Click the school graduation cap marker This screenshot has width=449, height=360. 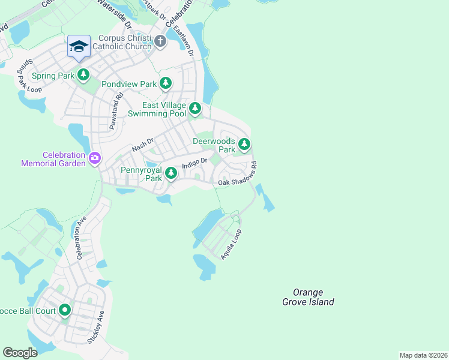click(x=79, y=46)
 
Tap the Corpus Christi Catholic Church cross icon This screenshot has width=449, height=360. click(x=160, y=41)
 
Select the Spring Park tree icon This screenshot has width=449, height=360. click(x=83, y=75)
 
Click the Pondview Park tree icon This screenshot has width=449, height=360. click(x=166, y=84)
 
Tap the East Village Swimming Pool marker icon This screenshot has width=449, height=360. click(x=195, y=109)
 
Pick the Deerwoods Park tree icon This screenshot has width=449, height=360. click(x=244, y=144)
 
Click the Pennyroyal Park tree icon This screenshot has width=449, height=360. click(x=171, y=173)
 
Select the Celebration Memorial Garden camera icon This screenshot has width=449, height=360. click(x=95, y=158)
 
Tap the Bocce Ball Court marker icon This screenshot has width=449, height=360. click(x=64, y=310)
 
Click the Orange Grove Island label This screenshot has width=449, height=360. click(x=308, y=298)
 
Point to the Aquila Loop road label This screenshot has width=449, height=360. click(x=231, y=244)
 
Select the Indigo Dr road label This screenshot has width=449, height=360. click(x=194, y=163)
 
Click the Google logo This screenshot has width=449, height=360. click(x=20, y=352)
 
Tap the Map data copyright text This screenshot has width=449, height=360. click(x=423, y=355)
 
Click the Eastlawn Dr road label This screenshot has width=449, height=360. click(x=183, y=40)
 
